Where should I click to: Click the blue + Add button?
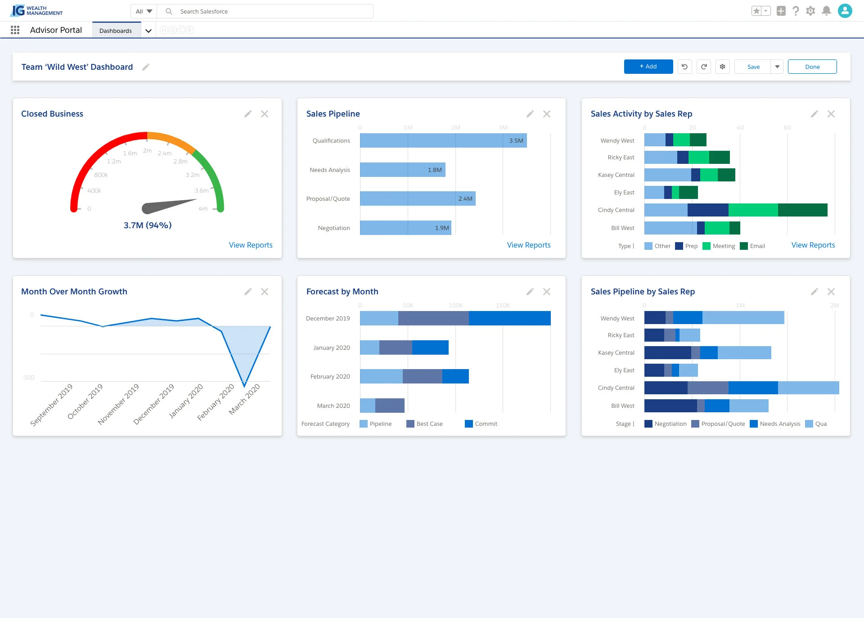coord(648,67)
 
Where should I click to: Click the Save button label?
coord(753,67)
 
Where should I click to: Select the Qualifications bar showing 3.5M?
coord(443,140)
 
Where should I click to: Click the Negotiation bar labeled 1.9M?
coord(405,228)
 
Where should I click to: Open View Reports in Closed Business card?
coord(250,245)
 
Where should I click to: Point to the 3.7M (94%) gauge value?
coord(148,225)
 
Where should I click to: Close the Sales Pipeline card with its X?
coord(546,114)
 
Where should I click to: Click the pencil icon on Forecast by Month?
coord(530,292)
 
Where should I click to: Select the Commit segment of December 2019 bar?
coord(509,318)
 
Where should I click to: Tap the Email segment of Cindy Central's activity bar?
coord(802,210)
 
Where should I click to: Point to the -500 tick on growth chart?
coord(28,377)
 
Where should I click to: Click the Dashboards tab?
coord(116,31)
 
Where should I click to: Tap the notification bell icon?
coord(826,11)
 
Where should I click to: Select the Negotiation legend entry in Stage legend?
coord(666,424)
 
